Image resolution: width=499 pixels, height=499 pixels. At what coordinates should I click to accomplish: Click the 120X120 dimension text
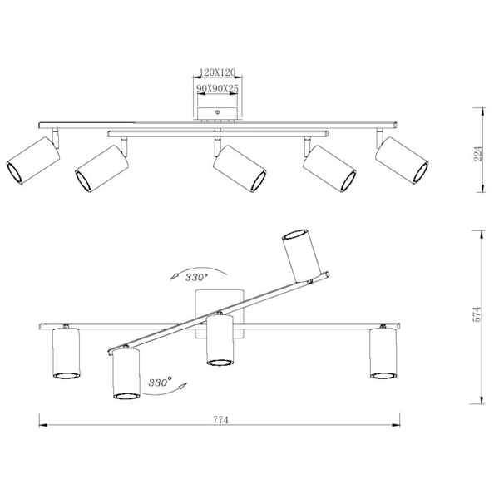[x=217, y=72]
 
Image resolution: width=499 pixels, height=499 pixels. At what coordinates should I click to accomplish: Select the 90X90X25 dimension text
[x=217, y=89]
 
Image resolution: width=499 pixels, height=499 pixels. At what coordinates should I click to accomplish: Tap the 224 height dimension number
[x=478, y=154]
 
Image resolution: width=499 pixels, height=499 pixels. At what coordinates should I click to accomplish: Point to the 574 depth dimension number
[x=477, y=314]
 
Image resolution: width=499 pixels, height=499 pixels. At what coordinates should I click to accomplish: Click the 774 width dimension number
[x=220, y=420]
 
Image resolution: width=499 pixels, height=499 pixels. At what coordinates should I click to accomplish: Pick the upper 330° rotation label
[x=196, y=278]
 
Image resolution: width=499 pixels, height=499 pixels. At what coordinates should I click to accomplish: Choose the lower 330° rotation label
[x=160, y=382]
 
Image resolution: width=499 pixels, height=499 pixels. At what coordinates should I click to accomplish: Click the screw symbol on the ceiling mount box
[x=218, y=112]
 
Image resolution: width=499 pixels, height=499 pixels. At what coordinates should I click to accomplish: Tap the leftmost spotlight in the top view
[x=33, y=161]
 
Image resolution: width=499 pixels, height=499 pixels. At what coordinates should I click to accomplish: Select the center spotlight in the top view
[x=240, y=168]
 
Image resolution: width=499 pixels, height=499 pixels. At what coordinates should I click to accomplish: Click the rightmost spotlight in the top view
[x=402, y=161]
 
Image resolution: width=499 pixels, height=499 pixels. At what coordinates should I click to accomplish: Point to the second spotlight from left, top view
[x=101, y=169]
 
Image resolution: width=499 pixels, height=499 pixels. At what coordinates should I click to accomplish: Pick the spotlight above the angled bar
[x=302, y=255]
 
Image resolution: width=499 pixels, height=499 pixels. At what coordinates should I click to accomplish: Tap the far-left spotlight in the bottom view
[x=66, y=353]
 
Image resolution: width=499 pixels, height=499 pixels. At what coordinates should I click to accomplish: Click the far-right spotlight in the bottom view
[x=383, y=353]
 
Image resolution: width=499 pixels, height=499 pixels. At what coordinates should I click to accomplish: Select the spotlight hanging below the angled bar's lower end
[x=126, y=373]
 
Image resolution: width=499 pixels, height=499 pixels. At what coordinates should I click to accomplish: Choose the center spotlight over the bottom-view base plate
[x=220, y=340]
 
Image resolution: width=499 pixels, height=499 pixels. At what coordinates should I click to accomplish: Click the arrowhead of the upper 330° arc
[x=174, y=276]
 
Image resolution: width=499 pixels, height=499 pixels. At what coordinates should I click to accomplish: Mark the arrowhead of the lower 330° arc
[x=183, y=386]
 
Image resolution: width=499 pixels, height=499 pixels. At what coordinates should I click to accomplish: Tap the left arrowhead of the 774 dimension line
[x=43, y=425]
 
